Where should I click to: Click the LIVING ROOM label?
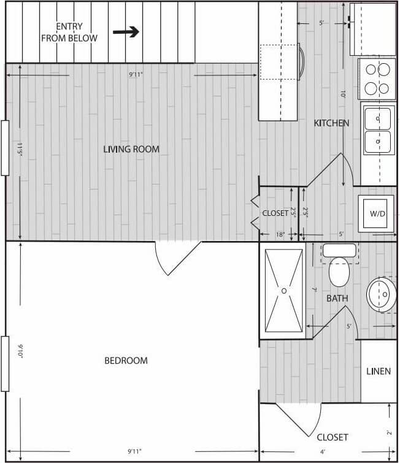point(131,149)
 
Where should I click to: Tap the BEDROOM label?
point(126,361)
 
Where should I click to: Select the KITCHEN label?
point(331,123)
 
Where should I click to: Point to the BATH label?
point(337,299)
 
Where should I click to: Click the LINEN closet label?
point(379,372)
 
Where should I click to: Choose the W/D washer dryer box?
point(376,213)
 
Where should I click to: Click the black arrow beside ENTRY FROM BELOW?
point(126,33)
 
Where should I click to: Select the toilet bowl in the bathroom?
point(339,272)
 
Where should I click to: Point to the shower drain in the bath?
point(284,290)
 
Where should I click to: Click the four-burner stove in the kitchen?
point(377,78)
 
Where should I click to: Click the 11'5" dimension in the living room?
point(20,149)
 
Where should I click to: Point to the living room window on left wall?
point(5,148)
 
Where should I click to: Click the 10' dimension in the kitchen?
point(344,95)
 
